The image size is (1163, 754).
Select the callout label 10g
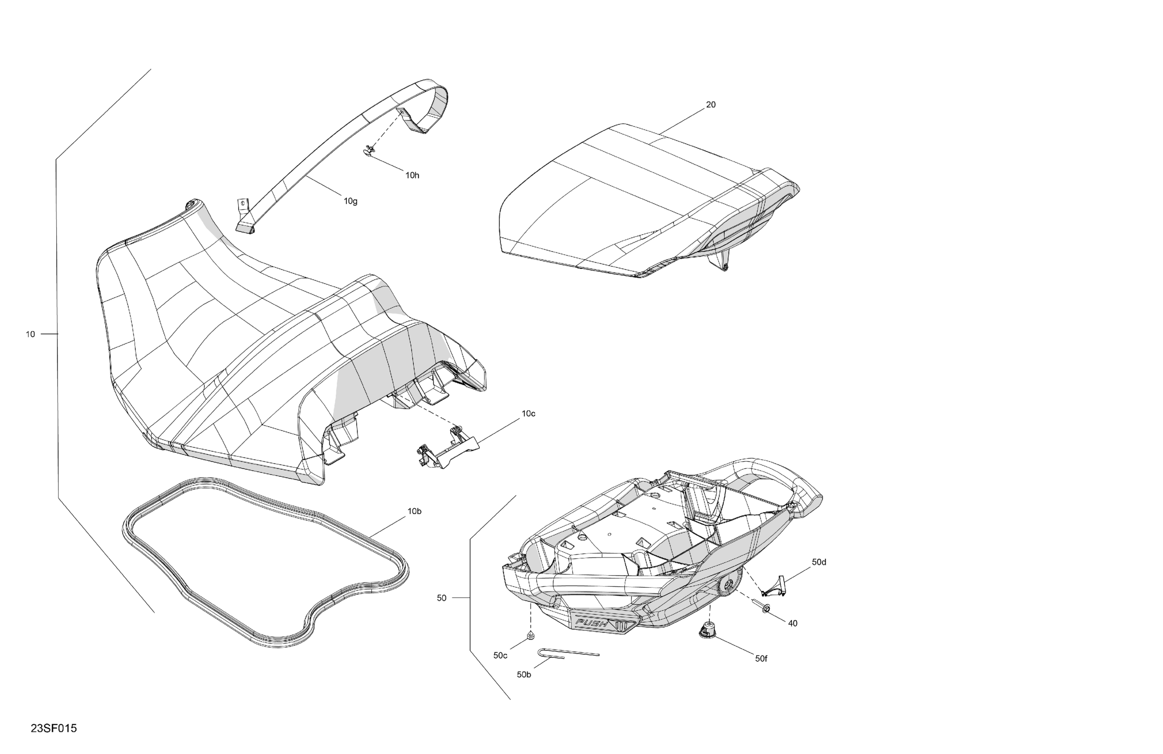click(350, 201)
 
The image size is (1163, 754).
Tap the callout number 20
click(711, 105)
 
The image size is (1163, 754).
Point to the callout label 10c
click(528, 413)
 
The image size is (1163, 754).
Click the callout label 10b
click(414, 511)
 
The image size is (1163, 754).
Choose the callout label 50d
click(819, 562)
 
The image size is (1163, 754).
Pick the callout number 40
click(793, 624)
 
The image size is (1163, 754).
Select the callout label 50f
click(761, 659)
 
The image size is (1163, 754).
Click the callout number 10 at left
click(30, 334)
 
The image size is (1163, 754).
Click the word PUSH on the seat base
click(592, 624)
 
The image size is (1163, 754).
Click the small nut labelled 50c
click(530, 635)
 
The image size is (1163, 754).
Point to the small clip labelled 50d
click(775, 586)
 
